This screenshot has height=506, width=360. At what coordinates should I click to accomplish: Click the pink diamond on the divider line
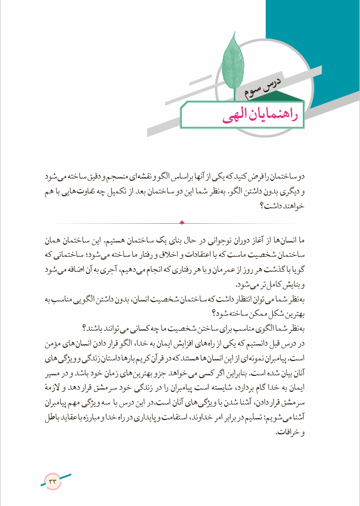(182, 223)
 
